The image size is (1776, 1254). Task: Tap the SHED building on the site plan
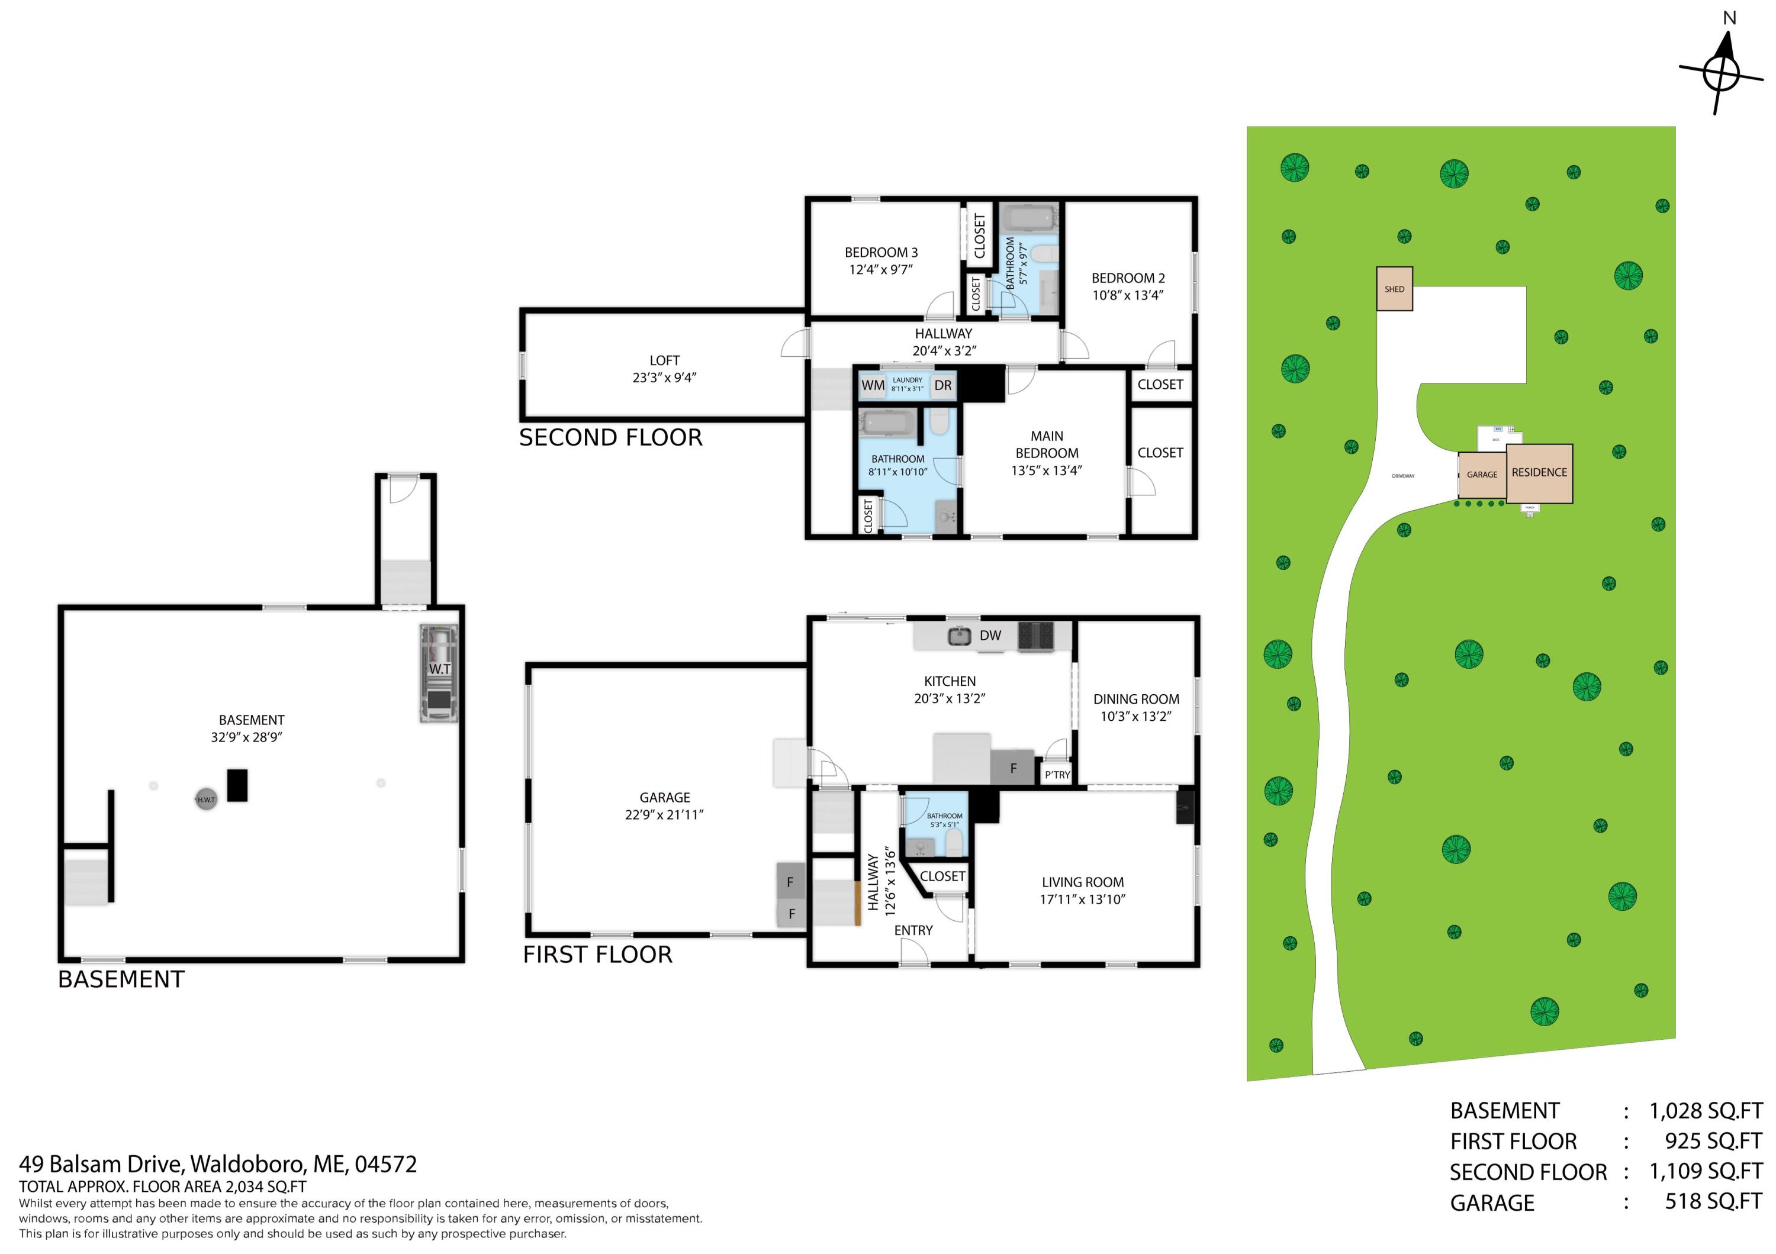tap(1394, 289)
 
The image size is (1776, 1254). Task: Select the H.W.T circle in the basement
tap(206, 800)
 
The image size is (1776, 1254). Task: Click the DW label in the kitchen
tap(990, 636)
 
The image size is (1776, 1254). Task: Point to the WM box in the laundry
tap(873, 385)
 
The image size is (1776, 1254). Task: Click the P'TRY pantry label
tap(1057, 775)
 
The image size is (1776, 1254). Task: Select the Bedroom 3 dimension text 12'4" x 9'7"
tap(881, 270)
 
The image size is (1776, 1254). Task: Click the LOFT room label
tap(664, 360)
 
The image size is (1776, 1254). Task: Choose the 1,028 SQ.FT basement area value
tap(1706, 1111)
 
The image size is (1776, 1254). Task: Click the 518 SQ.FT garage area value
tap(1713, 1201)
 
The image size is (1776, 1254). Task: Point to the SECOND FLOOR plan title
tap(610, 437)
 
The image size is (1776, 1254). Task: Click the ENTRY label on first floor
tap(913, 930)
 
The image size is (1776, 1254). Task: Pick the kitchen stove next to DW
tap(1035, 636)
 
